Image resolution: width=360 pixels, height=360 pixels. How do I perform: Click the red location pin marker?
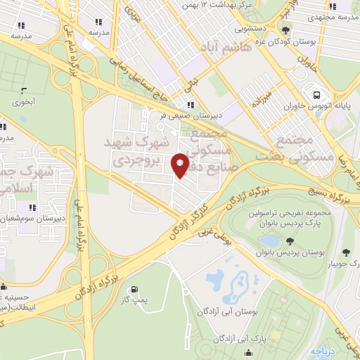181,164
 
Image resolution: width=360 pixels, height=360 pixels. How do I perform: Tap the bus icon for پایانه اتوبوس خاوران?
316,95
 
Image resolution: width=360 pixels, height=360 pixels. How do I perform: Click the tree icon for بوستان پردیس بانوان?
290,241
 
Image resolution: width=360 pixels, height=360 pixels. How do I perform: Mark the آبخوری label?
25,101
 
